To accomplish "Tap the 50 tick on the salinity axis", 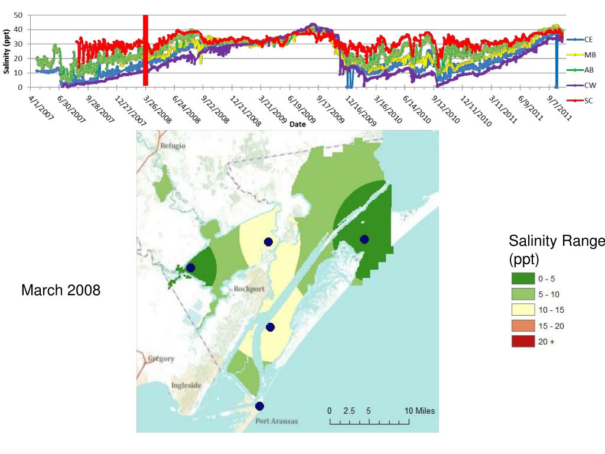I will pyautogui.click(x=18, y=15).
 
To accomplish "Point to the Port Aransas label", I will pyautogui.click(x=276, y=421).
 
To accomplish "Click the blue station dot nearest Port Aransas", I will pyautogui.click(x=259, y=406).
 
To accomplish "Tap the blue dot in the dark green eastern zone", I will pyautogui.click(x=364, y=239).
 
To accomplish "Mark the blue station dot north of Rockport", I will pyautogui.click(x=268, y=241).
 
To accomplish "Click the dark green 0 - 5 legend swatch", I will pyautogui.click(x=521, y=279).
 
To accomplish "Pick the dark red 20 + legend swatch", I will pyautogui.click(x=521, y=342).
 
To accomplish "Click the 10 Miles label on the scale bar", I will pyautogui.click(x=419, y=411).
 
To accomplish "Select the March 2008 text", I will pyautogui.click(x=61, y=290).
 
